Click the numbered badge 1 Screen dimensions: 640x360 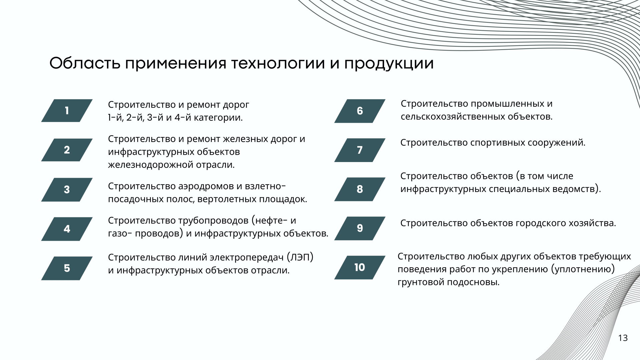point(67,111)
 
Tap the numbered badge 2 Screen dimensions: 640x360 point(67,150)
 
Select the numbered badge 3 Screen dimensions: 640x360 point(67,190)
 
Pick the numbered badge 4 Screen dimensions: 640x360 point(67,229)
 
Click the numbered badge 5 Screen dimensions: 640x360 point(67,268)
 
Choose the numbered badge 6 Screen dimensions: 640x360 point(360,111)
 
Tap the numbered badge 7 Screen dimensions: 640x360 point(360,150)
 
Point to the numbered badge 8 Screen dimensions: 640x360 point(360,189)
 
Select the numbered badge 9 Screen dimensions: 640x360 point(360,228)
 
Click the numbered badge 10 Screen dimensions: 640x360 point(360,267)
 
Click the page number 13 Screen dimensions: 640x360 point(623,338)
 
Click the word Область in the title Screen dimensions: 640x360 point(85,63)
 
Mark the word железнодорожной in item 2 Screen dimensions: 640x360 point(150,165)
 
